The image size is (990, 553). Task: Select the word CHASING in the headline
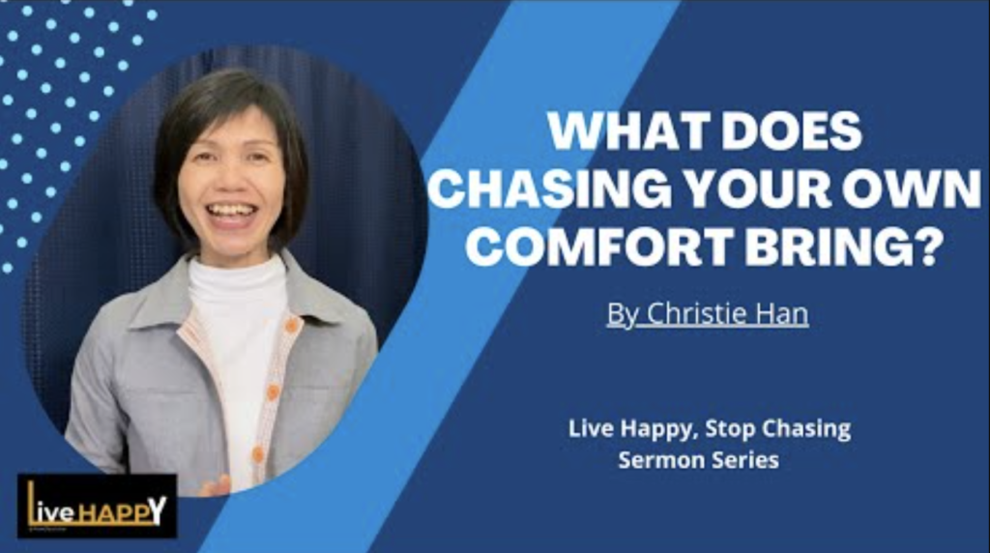pos(549,189)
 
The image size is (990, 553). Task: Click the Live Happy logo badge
pos(98,507)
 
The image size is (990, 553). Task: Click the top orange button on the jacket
pos(291,325)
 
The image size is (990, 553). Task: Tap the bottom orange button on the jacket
pos(257,453)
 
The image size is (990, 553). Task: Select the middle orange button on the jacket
pos(273,393)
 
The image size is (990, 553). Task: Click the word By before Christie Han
pos(622,314)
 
